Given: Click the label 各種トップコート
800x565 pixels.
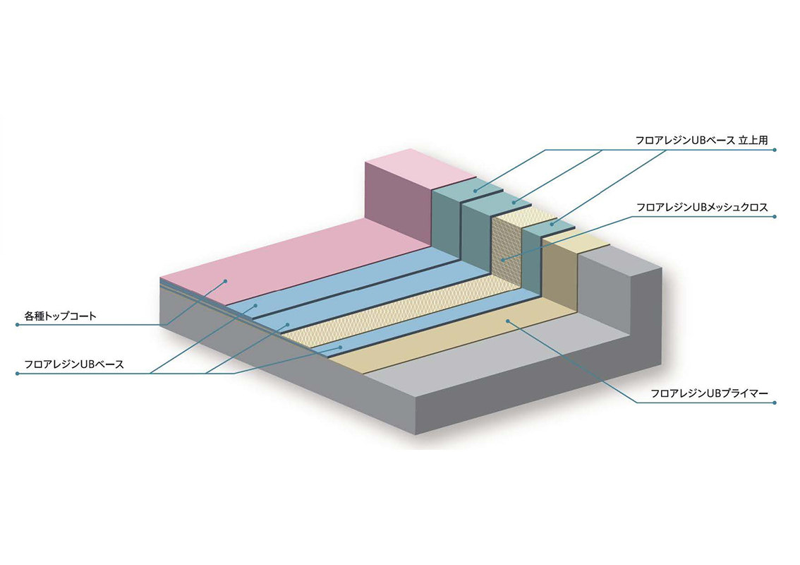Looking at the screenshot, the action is (60, 316).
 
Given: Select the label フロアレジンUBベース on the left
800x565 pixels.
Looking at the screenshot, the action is (74, 364).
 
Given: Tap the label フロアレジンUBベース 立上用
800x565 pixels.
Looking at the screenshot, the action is (701, 141).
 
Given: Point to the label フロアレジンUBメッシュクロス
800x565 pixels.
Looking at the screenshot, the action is (702, 208).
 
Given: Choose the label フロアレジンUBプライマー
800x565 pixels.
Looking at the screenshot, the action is (709, 393).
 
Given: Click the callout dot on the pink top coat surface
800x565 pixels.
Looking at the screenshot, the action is (225, 281).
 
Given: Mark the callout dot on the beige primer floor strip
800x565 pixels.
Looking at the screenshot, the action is (508, 321).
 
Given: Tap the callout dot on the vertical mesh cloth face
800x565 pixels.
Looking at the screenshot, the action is (503, 260).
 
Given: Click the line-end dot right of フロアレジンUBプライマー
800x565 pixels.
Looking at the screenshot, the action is (775, 403).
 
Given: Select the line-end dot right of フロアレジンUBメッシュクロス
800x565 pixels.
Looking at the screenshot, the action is (775, 217).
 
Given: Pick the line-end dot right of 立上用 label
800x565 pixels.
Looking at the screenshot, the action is (775, 150).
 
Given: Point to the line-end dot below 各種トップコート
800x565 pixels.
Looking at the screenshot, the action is (18, 325).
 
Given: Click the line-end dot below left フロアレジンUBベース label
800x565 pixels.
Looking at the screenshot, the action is (18, 374).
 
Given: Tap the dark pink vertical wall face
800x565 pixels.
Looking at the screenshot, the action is (398, 202).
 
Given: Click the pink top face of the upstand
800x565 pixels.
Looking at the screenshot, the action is (421, 169).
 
